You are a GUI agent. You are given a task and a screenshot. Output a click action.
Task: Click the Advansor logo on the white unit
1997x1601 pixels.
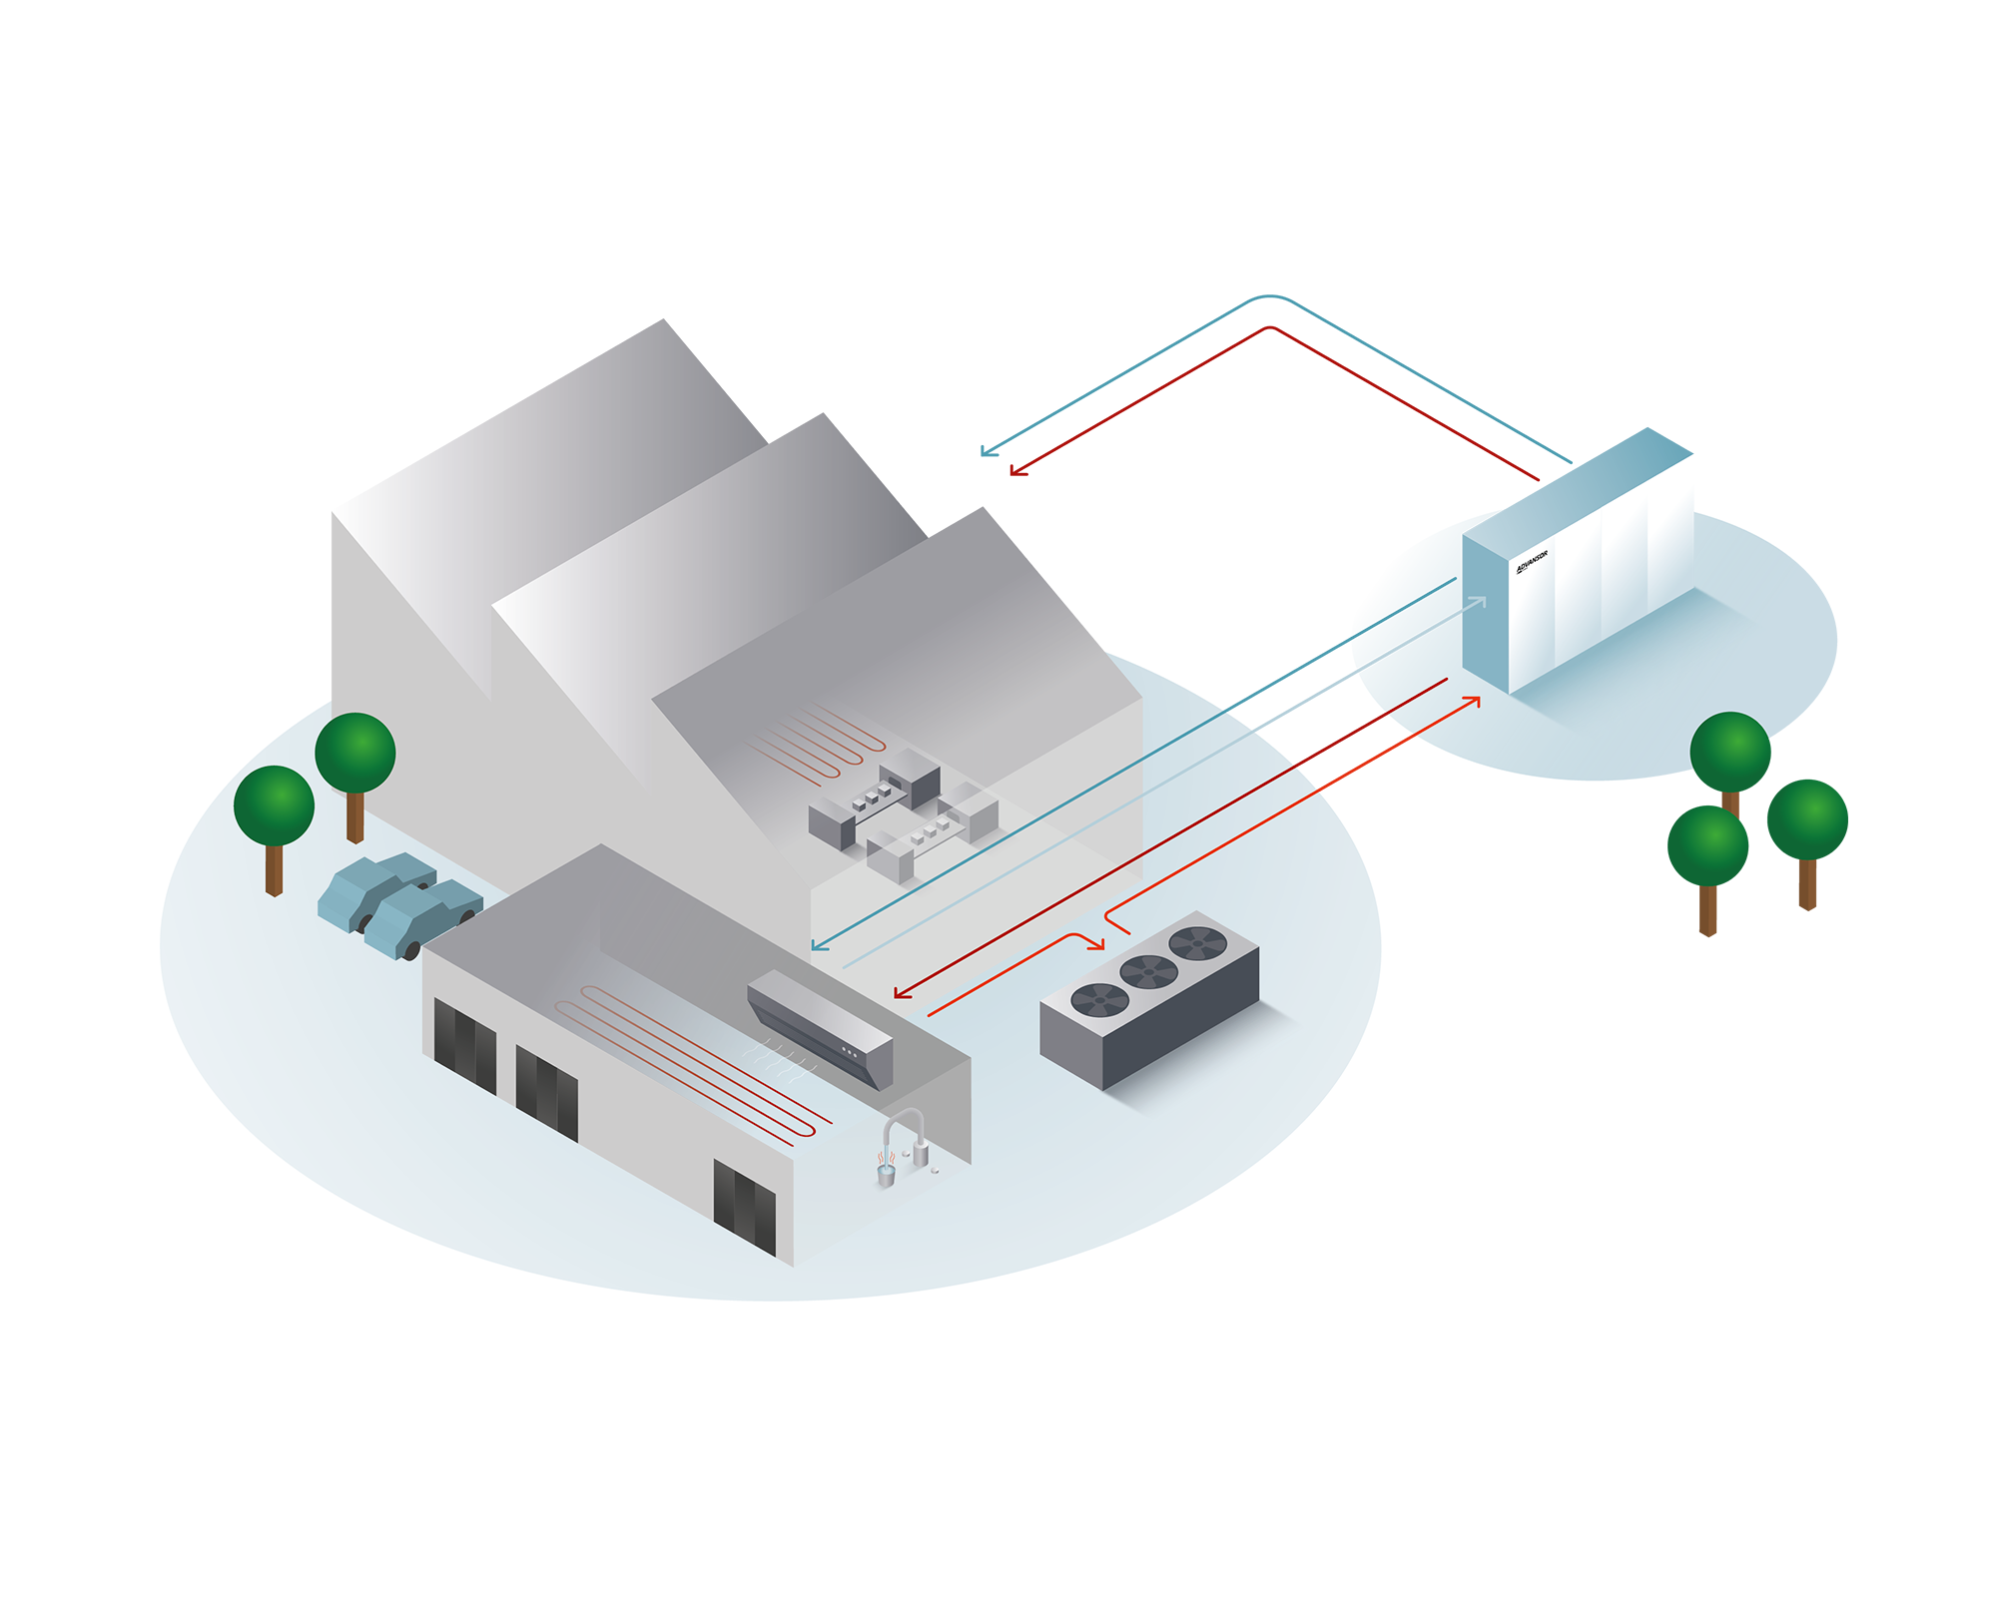point(1532,562)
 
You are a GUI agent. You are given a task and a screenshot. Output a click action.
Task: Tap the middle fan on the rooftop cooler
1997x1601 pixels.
point(1148,970)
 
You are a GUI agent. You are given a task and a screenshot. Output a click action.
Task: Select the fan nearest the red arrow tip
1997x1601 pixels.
point(1197,941)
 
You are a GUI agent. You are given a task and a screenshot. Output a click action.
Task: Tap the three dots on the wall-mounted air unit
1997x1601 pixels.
point(850,1052)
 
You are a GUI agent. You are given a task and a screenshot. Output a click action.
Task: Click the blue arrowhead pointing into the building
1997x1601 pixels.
point(819,944)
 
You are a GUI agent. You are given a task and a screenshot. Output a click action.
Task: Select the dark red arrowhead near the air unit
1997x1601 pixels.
point(901,993)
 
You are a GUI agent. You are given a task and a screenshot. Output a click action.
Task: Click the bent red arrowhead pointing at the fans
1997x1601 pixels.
point(1098,943)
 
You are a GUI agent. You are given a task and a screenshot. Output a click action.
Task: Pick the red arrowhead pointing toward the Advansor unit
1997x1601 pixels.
point(1472,702)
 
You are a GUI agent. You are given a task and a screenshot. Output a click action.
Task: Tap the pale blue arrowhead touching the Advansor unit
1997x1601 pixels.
point(1479,602)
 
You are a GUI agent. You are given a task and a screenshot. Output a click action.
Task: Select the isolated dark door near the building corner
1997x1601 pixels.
point(745,1207)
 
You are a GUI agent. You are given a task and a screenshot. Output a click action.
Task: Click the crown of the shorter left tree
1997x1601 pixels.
point(274,805)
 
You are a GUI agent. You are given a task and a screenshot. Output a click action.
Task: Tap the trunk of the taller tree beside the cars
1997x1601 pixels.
point(354,816)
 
